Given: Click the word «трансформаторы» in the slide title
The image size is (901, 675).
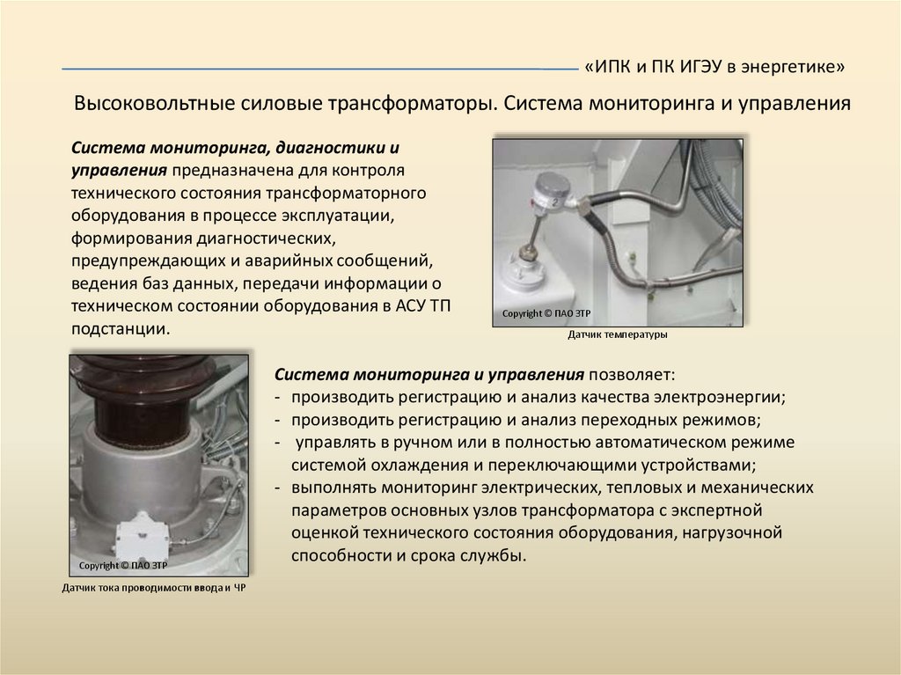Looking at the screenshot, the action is tap(412, 104).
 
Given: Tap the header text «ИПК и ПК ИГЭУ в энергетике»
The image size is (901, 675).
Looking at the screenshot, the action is tap(714, 67).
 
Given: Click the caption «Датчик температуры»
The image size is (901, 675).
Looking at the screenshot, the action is tap(618, 334).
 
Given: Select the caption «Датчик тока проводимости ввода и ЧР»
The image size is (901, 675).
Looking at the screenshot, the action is tap(154, 588).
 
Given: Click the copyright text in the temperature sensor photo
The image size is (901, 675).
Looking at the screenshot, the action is tap(546, 313).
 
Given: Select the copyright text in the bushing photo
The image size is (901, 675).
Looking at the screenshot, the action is tap(123, 565).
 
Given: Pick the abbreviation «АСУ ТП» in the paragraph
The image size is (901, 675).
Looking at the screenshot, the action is tap(423, 305).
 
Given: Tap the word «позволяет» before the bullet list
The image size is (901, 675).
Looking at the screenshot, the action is tap(629, 374).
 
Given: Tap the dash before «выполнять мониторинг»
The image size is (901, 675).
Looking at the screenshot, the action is tap(277, 488).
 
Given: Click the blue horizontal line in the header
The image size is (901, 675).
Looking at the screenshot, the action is tap(319, 69).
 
